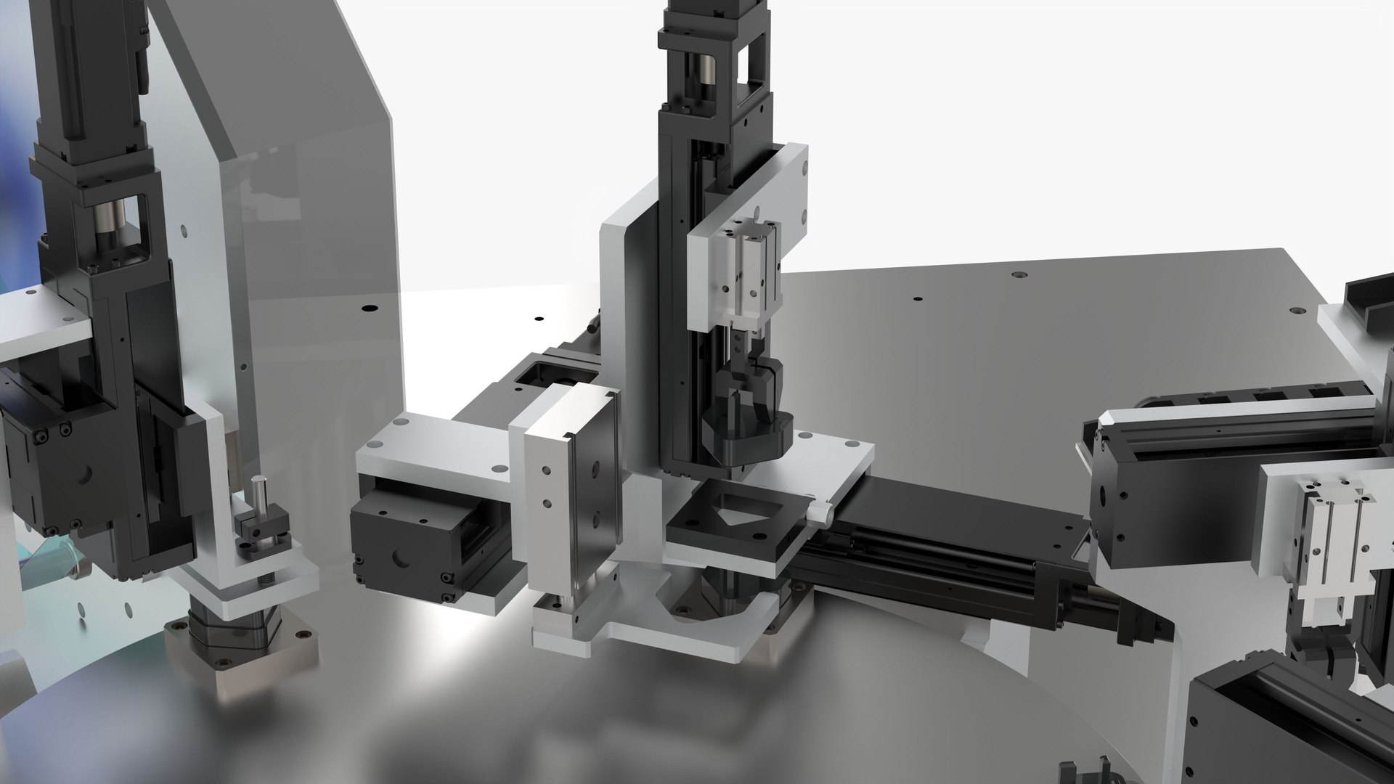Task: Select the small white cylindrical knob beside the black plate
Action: pos(820,513)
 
